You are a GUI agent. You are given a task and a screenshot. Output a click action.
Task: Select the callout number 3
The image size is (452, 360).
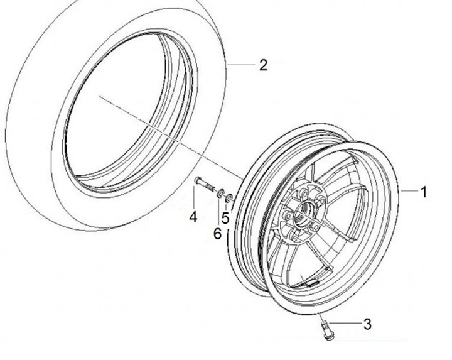click(x=368, y=324)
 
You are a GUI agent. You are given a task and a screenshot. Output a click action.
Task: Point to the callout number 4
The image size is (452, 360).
click(x=193, y=217)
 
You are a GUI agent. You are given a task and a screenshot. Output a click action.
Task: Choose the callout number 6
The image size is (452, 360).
click(x=217, y=234)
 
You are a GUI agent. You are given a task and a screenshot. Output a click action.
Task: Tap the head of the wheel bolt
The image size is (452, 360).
click(x=196, y=181)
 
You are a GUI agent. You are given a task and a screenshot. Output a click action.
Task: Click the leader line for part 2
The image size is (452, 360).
click(x=239, y=64)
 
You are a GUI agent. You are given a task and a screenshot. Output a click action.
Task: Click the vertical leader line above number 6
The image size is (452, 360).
click(x=219, y=214)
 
